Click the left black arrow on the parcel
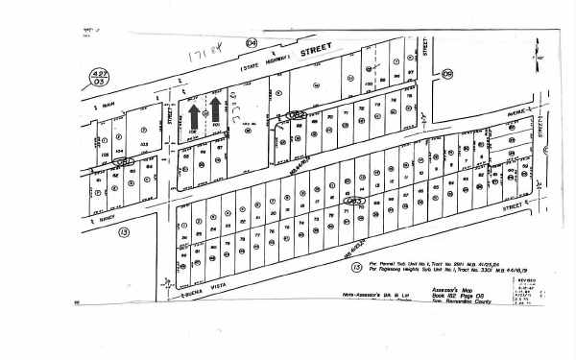[x=194, y=115]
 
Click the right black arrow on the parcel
[x=216, y=108]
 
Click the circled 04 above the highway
[x=252, y=43]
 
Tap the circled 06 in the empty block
[x=447, y=74]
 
